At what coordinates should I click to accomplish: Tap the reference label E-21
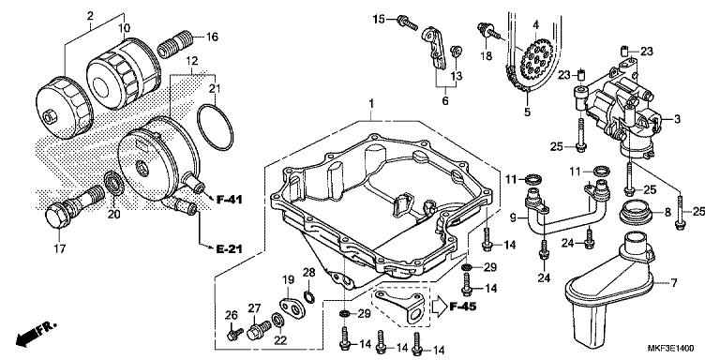231,250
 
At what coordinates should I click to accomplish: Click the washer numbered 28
309,299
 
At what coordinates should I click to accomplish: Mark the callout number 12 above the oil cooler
192,59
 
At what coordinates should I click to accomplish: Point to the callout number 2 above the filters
90,16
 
